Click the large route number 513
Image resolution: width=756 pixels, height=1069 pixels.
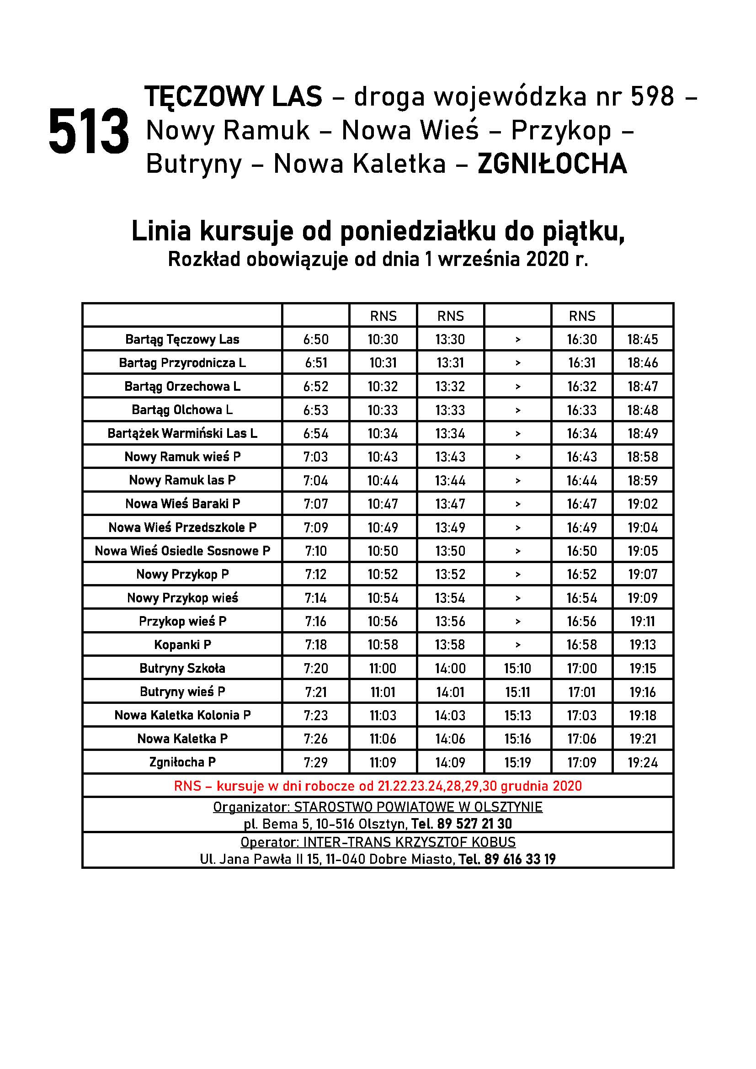click(x=89, y=132)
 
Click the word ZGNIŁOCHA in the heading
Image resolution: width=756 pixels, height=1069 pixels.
click(x=552, y=164)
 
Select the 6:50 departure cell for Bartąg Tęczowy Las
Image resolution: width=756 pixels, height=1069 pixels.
click(x=316, y=340)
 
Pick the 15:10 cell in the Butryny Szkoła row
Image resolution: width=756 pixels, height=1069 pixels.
click(x=517, y=669)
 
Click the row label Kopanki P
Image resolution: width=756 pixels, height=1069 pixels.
click(x=182, y=645)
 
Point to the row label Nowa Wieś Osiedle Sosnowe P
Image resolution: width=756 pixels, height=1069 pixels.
click(x=182, y=551)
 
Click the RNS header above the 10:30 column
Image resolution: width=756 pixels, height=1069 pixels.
click(x=383, y=316)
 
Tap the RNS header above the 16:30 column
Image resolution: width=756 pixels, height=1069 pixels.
click(x=582, y=316)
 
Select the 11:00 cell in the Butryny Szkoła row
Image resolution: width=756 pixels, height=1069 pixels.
click(x=383, y=669)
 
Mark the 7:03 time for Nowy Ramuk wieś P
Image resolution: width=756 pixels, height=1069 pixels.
click(x=316, y=457)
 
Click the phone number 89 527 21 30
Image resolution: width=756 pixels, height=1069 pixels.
click(x=474, y=824)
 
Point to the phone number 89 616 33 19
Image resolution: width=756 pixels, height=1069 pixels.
click(x=520, y=859)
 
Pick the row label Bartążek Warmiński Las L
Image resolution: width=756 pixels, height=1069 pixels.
click(x=182, y=433)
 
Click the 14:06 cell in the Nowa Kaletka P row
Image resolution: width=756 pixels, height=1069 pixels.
click(x=450, y=739)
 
